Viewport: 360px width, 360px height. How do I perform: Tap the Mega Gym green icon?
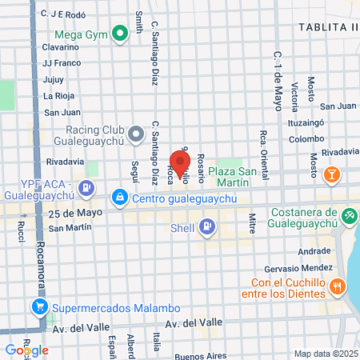point(120,34)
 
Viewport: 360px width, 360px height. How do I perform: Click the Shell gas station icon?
point(207,226)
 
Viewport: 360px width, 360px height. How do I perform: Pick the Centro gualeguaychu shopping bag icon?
point(119,197)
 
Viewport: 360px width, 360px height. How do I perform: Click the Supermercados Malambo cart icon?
point(38,306)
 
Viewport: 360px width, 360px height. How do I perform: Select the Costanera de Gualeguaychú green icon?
point(349,215)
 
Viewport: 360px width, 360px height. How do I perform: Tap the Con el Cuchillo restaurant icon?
point(338,286)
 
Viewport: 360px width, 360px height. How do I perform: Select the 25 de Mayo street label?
point(71,214)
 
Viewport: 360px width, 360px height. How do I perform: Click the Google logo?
point(26,350)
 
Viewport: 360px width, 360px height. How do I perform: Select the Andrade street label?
point(314,250)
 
